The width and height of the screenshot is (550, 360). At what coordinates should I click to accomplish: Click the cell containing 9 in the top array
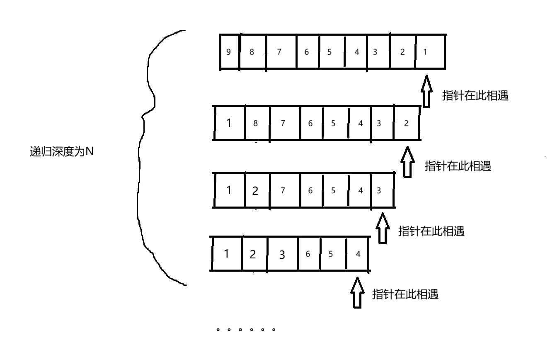coord(229,52)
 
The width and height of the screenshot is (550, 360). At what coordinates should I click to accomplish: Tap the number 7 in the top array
coord(279,52)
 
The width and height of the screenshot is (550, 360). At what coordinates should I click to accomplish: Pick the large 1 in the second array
coord(229,123)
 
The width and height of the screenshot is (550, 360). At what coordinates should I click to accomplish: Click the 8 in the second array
coord(255,123)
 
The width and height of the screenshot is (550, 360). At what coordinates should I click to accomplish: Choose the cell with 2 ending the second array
coord(406,123)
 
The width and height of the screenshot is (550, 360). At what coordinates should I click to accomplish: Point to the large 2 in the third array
coord(255,191)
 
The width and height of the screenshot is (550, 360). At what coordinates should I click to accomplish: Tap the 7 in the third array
coord(283,191)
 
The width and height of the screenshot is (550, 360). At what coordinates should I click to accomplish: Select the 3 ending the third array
coord(378,191)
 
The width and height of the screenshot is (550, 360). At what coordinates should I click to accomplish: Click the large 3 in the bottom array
coord(282,255)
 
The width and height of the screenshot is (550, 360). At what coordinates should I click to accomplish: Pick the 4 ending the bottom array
coord(358,254)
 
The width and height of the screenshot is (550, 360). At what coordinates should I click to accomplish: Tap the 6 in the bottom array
coord(308,254)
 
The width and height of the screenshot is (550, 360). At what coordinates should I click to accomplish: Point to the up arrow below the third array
coord(383,228)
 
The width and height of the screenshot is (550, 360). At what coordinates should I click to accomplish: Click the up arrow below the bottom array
coord(357,292)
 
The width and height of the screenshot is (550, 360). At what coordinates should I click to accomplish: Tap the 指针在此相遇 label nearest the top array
coord(475,96)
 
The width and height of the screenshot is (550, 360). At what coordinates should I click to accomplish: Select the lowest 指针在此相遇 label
coord(405,294)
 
